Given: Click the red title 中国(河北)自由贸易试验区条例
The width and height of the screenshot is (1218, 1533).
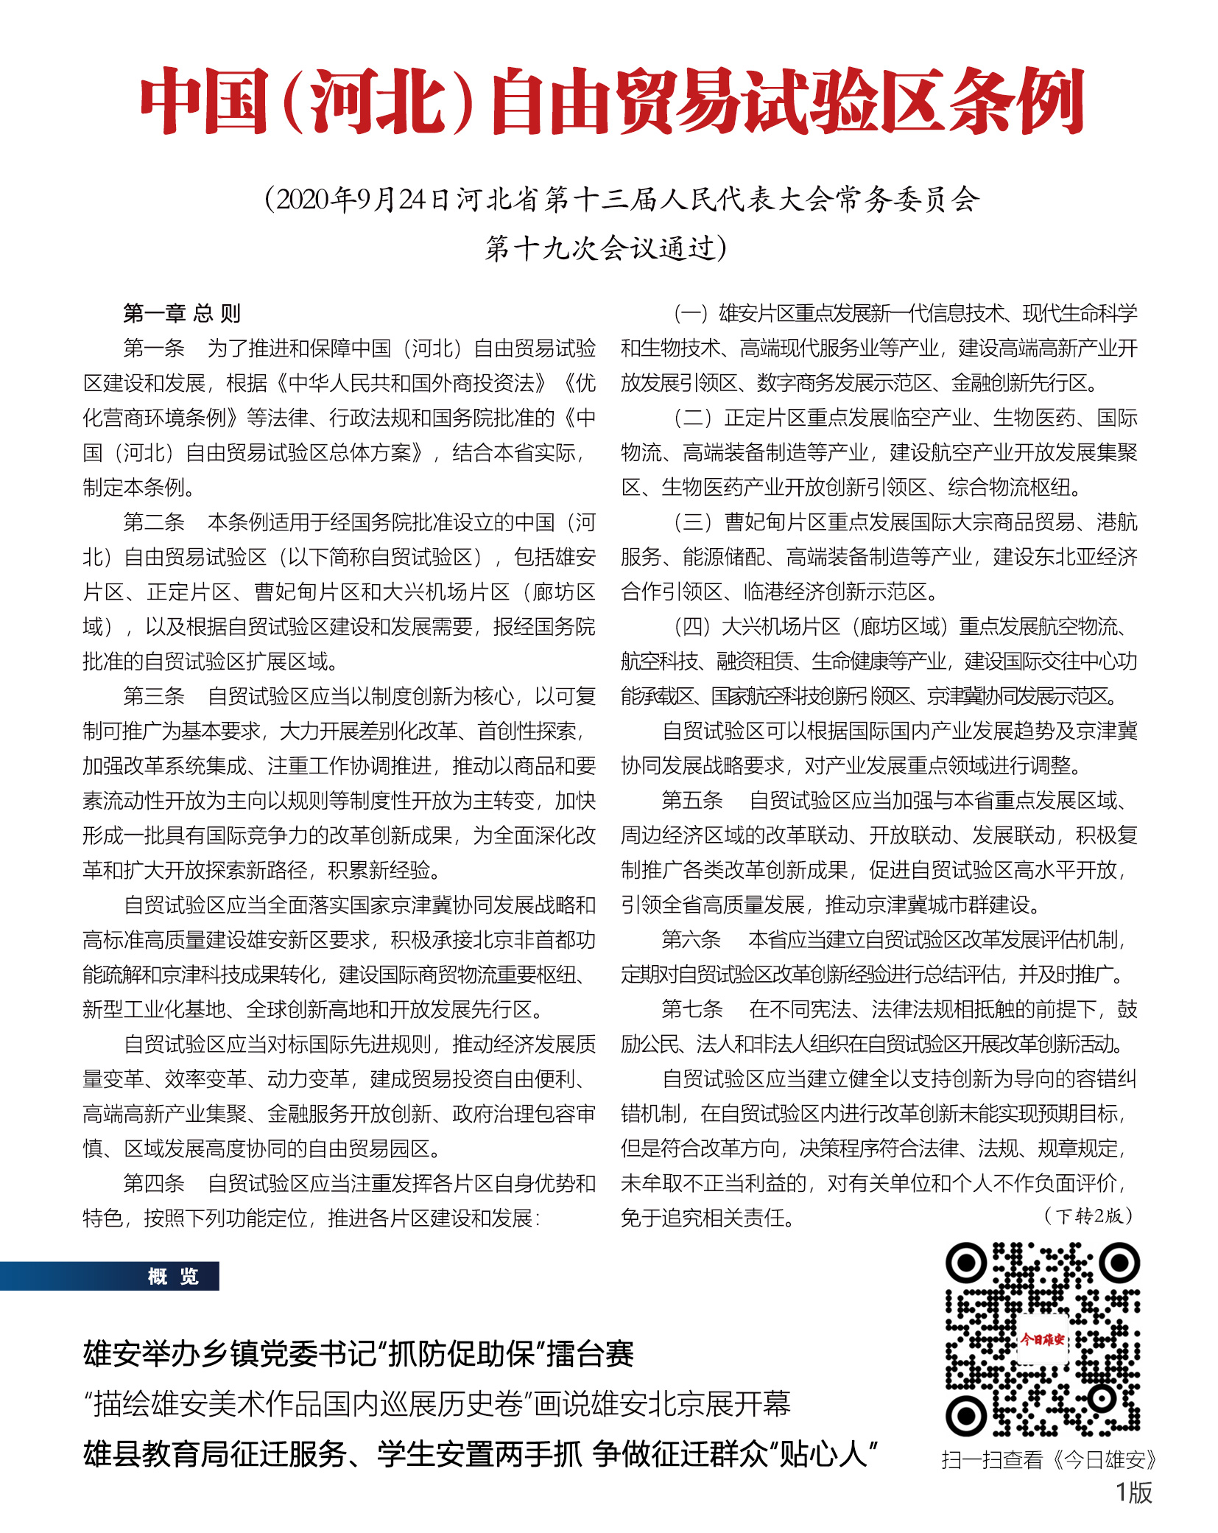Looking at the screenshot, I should point(610,101).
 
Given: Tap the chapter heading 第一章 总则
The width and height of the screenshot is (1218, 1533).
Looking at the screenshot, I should point(182,313).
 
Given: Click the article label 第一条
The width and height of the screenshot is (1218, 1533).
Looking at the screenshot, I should point(153,348).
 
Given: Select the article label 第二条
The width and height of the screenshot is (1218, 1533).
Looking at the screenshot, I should point(153,522).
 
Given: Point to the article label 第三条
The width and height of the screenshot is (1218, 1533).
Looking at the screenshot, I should point(153,695).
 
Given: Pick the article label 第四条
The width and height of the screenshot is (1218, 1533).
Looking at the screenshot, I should point(153,1182).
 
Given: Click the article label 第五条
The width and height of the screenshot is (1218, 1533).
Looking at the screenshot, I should point(691,800).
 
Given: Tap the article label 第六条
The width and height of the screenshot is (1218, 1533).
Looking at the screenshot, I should point(691,939).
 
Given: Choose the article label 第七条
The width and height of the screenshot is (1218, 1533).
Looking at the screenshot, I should point(691,1008).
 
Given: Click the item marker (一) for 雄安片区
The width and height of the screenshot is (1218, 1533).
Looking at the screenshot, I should point(691,313).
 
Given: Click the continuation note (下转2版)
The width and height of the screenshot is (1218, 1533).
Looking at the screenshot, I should point(1088,1215).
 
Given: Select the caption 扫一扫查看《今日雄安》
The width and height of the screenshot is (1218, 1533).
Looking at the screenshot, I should point(1049,1459).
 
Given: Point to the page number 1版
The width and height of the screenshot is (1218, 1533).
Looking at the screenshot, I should point(1133,1492).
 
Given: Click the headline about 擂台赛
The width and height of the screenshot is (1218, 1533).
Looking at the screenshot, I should point(359,1353).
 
